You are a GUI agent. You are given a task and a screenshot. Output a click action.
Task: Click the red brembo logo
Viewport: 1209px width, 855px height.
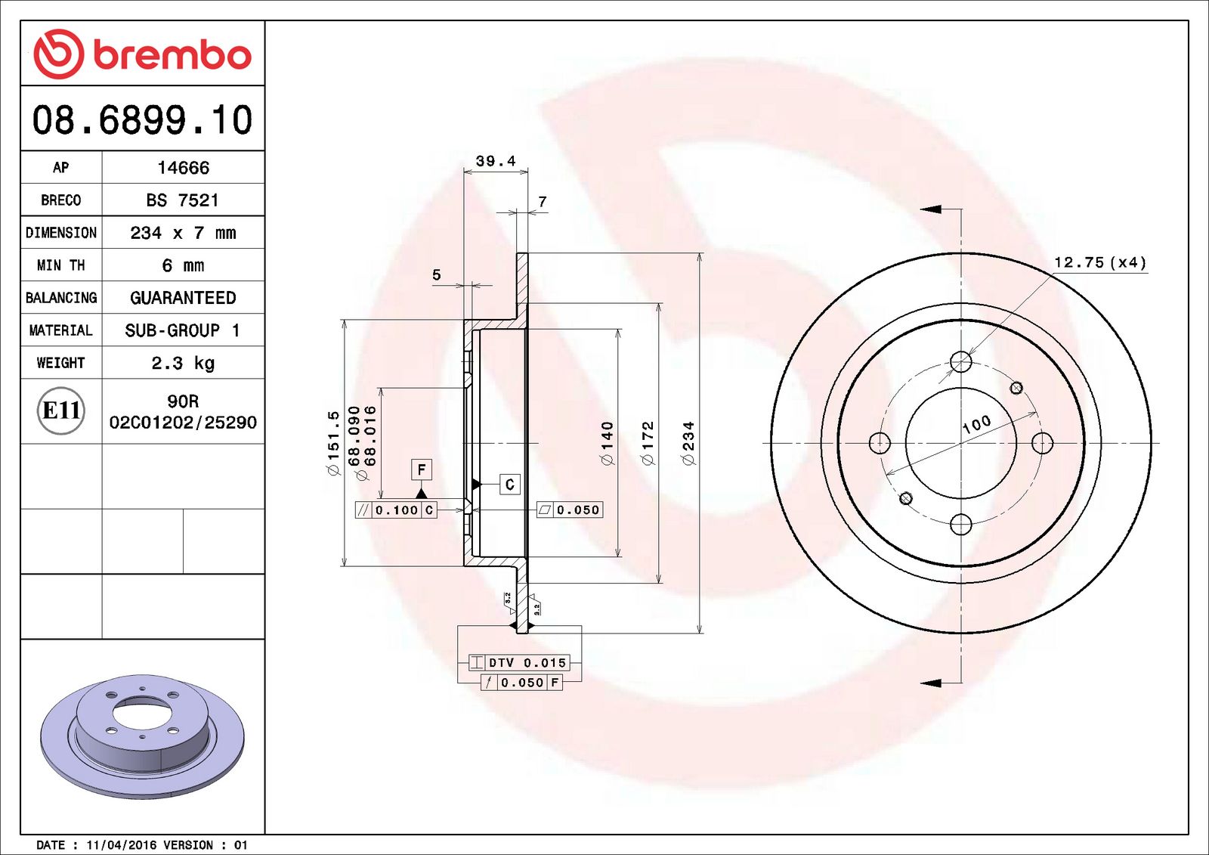pos(142,54)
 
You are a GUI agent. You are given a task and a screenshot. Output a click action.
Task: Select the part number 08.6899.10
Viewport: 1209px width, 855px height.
pos(142,120)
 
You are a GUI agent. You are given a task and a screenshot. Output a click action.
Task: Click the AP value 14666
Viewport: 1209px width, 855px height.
pos(183,168)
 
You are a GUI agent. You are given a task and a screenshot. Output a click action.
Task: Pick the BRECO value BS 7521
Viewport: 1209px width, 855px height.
pos(183,200)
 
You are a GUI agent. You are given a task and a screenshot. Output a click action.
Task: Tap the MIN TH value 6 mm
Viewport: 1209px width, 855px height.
pos(183,265)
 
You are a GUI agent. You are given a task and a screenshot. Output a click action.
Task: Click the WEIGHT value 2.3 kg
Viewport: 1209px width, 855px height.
pos(183,363)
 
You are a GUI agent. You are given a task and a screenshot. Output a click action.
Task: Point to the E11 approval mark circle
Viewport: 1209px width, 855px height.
pos(60,410)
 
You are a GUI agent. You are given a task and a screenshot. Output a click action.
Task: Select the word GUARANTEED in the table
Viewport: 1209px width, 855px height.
pos(183,298)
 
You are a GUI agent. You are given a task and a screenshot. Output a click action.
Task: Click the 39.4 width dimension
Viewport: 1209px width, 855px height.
pos(496,161)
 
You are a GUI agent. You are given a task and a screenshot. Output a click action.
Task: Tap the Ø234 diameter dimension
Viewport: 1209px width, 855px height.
pos(688,443)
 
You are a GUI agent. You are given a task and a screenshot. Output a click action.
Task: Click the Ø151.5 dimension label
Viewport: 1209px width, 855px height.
pos(333,443)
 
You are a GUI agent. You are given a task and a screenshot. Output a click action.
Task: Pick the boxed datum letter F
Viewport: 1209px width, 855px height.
pos(422,469)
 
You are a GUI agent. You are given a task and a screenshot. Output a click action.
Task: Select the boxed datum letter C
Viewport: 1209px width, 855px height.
pos(510,484)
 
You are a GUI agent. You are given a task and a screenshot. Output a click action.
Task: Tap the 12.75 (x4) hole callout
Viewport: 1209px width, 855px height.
pos(1100,262)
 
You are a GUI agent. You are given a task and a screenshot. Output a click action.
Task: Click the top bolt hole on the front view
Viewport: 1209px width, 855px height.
pos(961,361)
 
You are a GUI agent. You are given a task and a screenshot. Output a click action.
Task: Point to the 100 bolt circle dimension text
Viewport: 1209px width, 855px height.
pos(976,424)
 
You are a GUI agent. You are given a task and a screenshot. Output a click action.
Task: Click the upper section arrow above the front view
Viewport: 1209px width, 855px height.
pos(931,209)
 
